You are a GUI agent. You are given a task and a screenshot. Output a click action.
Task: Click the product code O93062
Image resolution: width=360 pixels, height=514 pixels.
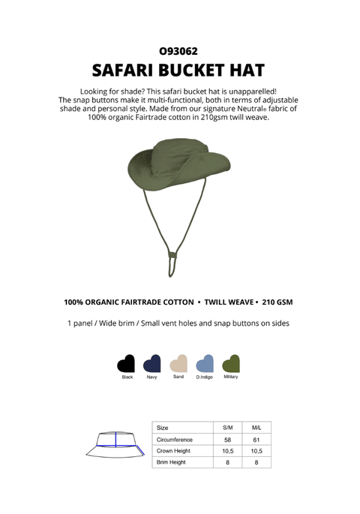pyautogui.click(x=178, y=52)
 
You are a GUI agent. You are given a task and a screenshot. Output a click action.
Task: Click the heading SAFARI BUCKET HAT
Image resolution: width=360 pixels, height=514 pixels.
pyautogui.click(x=178, y=71)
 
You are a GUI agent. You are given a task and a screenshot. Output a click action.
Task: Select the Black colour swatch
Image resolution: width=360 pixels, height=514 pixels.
pyautogui.click(x=126, y=364)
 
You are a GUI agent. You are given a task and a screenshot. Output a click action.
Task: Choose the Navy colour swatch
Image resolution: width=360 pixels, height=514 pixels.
pyautogui.click(x=152, y=364)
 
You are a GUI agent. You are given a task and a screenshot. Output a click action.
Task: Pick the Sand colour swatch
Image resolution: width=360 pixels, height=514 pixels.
pyautogui.click(x=178, y=364)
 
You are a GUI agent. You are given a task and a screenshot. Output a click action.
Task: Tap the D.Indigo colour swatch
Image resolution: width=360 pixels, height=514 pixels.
pyautogui.click(x=204, y=364)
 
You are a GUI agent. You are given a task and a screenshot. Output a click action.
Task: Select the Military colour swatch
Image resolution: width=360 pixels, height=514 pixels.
pyautogui.click(x=231, y=364)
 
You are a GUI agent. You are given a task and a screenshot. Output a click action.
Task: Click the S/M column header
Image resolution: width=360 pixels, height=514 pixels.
pyautogui.click(x=227, y=427)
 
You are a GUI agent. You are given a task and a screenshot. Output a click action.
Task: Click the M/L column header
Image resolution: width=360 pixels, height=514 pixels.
pyautogui.click(x=256, y=427)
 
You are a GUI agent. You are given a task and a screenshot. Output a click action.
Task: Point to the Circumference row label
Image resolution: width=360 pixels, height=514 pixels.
pyautogui.click(x=174, y=439)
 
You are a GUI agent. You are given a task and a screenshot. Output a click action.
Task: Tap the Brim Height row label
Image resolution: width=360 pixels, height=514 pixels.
pyautogui.click(x=171, y=463)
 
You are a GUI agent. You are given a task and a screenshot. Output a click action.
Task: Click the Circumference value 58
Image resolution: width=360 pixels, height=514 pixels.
pyautogui.click(x=227, y=439)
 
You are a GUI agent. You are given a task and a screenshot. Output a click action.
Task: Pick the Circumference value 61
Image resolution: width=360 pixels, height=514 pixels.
pyautogui.click(x=256, y=439)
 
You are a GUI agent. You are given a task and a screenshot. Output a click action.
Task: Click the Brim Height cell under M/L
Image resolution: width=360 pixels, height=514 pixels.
pyautogui.click(x=256, y=463)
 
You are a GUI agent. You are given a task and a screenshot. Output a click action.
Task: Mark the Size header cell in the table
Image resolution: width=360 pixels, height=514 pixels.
pyautogui.click(x=163, y=427)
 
